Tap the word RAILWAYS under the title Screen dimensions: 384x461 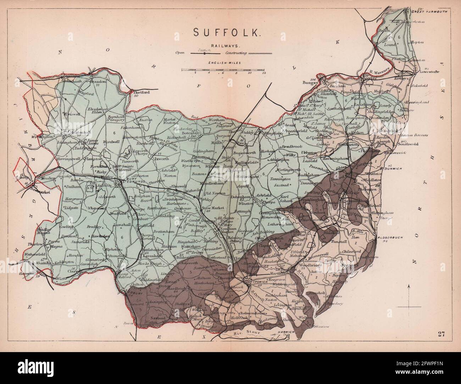221,46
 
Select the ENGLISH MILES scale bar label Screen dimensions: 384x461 225,63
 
